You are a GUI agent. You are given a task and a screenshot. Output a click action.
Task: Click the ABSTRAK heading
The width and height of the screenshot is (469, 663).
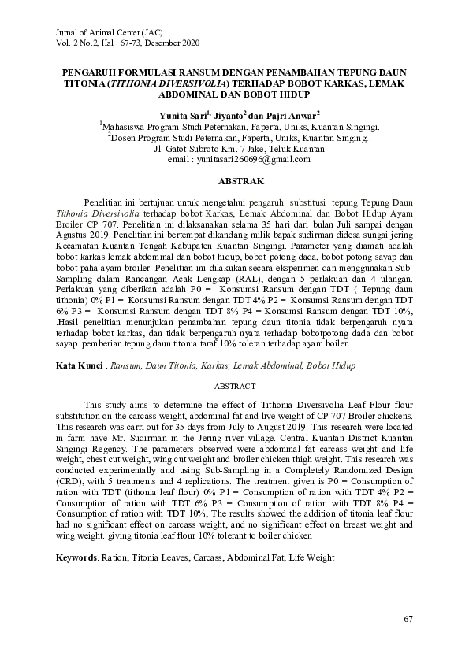(234, 181)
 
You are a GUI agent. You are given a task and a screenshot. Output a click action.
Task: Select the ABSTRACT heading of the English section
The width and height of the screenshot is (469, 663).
(234, 387)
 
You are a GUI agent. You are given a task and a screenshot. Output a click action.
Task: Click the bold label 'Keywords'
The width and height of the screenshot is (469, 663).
(77, 557)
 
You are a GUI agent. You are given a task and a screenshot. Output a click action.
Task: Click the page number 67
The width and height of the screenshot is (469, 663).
(408, 619)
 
